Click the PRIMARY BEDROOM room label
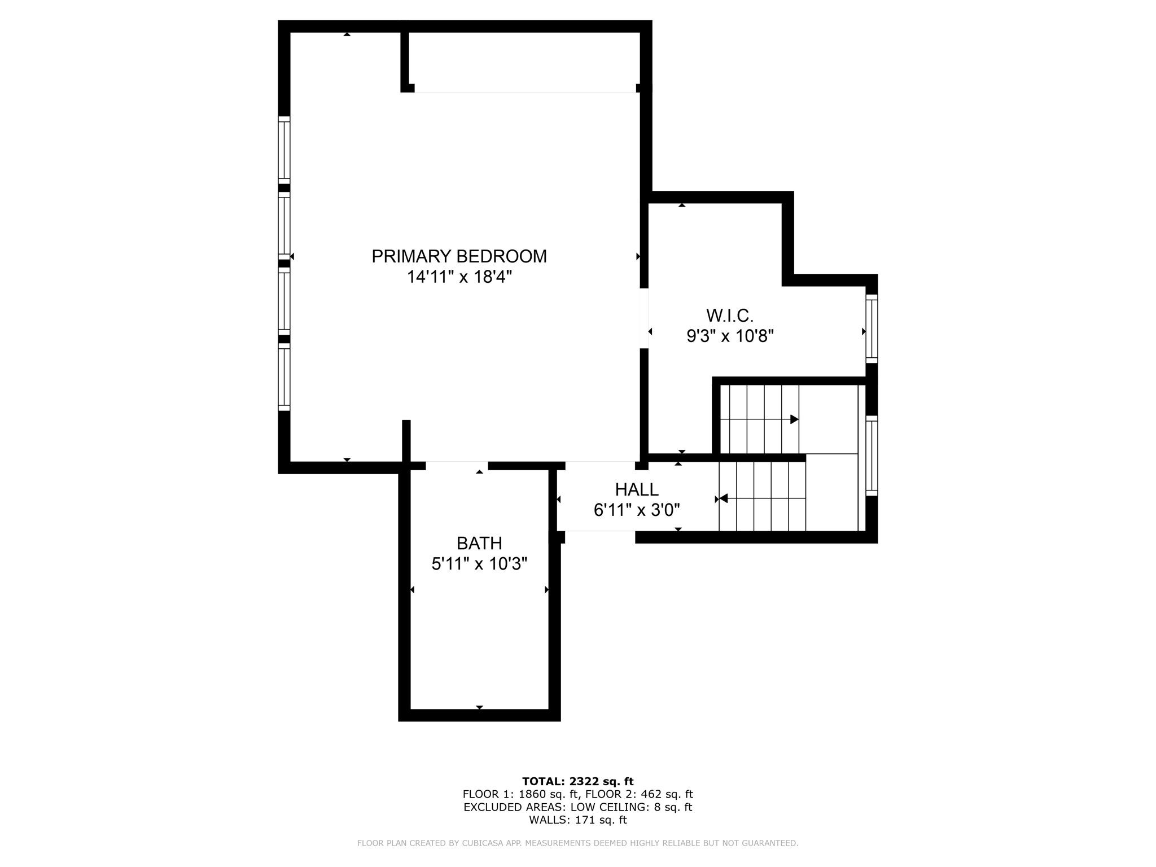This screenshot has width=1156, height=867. click(x=459, y=256)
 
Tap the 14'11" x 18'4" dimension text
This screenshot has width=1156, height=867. click(x=459, y=277)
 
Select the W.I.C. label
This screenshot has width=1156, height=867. click(x=730, y=315)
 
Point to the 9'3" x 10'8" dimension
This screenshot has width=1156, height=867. click(x=730, y=336)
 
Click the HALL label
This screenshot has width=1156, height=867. click(x=637, y=489)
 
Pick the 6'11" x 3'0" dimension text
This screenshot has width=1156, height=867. click(x=637, y=510)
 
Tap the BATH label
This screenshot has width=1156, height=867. click(x=479, y=543)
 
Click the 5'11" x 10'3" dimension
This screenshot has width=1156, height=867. click(x=479, y=564)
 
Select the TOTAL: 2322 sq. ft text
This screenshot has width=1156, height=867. click(x=577, y=781)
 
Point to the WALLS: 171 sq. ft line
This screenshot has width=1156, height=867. click(x=577, y=820)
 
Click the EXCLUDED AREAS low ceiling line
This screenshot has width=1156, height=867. click(x=577, y=807)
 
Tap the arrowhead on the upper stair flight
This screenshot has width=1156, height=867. click(x=794, y=419)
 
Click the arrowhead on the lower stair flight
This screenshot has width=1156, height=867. click(x=723, y=498)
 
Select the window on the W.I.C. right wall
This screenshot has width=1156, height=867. click(x=872, y=329)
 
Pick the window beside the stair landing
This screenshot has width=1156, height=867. click(x=872, y=456)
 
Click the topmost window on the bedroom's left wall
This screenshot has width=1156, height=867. click(x=284, y=150)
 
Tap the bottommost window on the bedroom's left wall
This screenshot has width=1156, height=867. click(x=284, y=377)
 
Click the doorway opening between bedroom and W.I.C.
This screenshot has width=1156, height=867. click(x=644, y=318)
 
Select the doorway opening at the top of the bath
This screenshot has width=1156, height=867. click(x=457, y=466)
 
